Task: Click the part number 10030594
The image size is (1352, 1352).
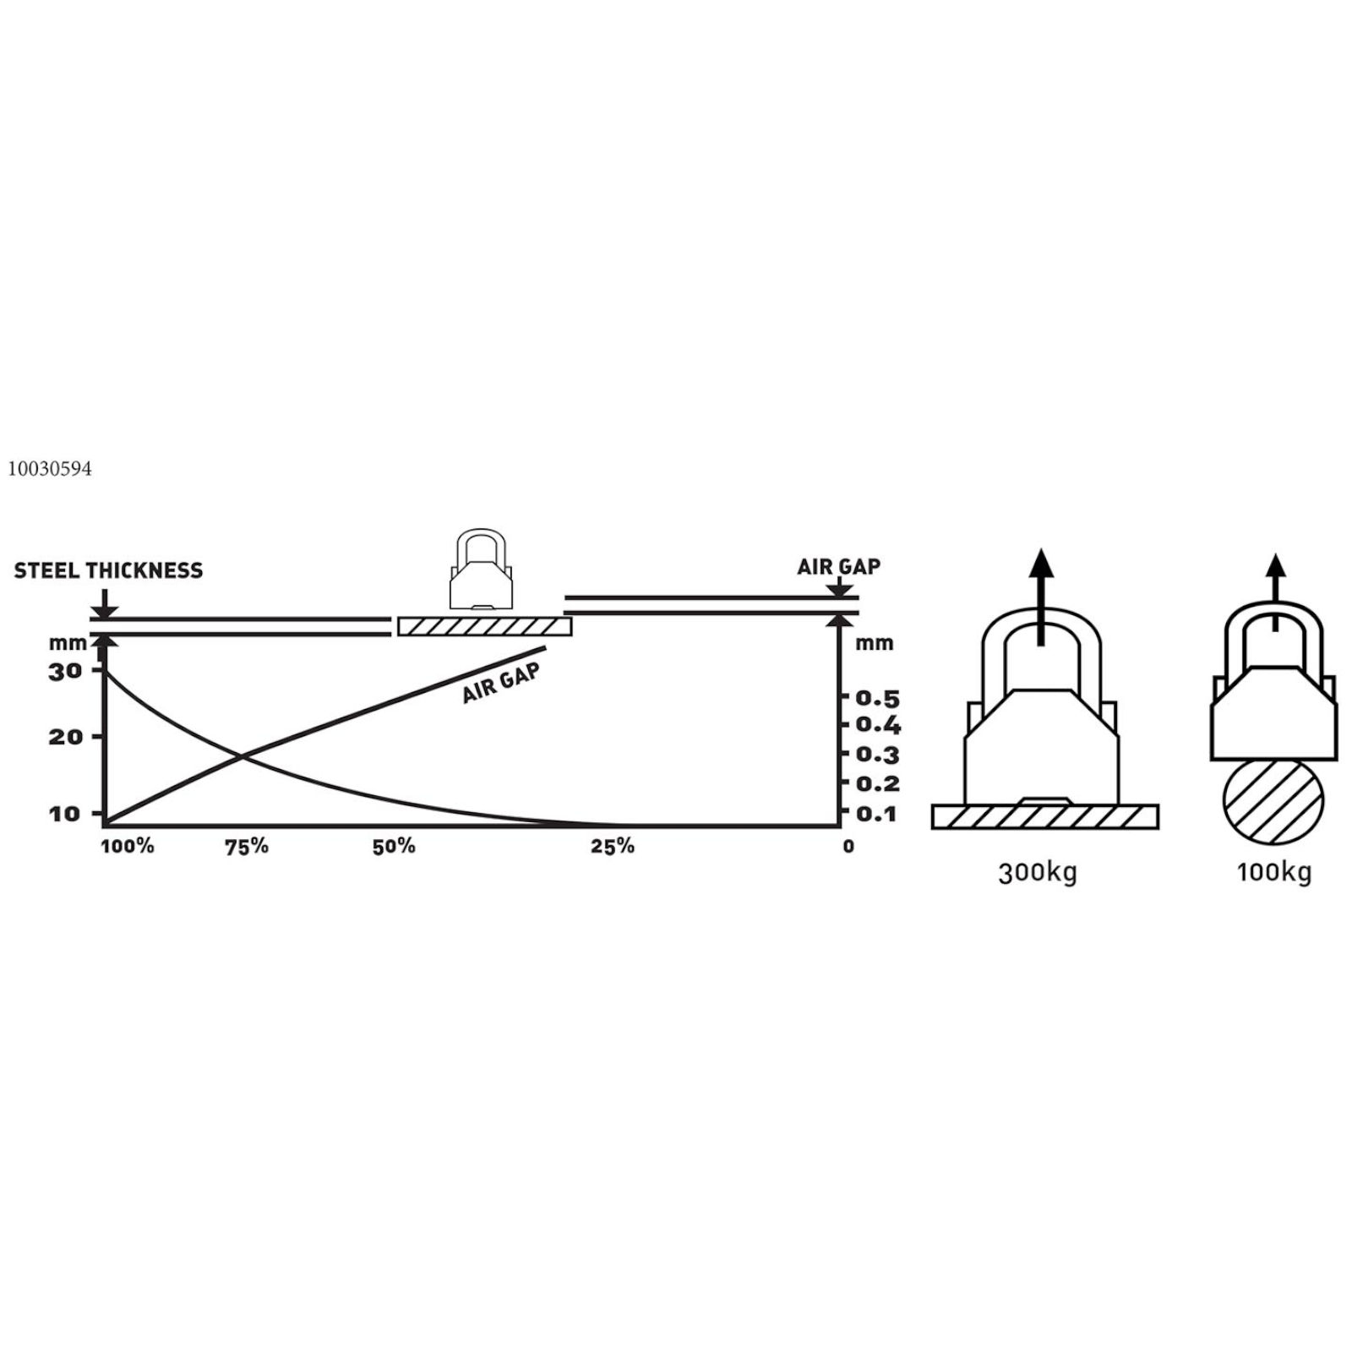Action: [50, 470]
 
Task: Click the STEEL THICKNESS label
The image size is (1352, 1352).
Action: [108, 570]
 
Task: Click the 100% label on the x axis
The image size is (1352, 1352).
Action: [128, 846]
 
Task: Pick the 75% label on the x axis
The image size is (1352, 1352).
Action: [247, 846]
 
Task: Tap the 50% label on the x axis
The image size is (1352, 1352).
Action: [394, 846]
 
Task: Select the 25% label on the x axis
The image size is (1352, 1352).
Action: [613, 846]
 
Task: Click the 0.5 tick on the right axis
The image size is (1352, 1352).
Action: [877, 698]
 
